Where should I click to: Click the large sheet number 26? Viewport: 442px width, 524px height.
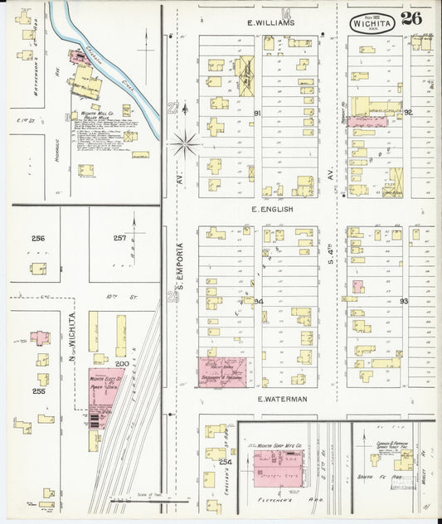(411, 18)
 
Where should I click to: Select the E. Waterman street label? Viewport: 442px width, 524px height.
(282, 399)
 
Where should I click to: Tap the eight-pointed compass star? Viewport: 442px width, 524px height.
(185, 144)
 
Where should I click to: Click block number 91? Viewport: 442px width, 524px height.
(257, 113)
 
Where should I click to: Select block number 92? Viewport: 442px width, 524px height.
(407, 111)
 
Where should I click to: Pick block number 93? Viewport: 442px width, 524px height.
(404, 301)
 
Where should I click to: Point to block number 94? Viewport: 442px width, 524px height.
(258, 301)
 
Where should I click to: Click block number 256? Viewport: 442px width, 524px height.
(37, 239)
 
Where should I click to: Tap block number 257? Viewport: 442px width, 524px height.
(119, 239)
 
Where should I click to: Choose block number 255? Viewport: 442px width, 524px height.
(37, 391)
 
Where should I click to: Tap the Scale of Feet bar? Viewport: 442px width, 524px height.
(141, 501)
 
